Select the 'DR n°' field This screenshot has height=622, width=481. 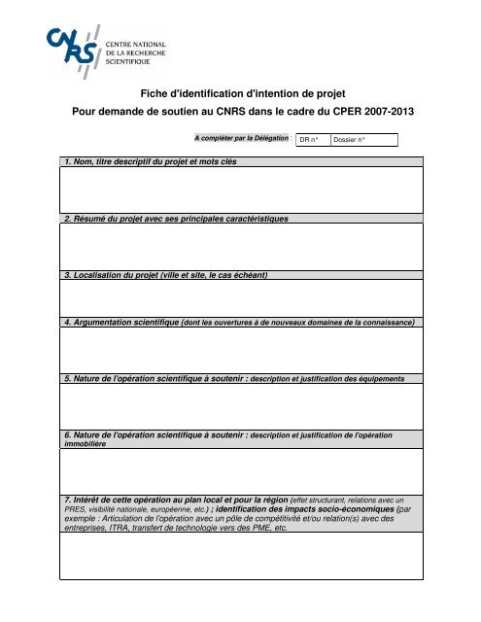point(311,141)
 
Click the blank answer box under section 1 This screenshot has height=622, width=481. point(240,190)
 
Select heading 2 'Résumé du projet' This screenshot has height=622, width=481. point(146,220)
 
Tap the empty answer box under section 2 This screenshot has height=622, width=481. point(240,247)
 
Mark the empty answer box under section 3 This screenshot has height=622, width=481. point(240,298)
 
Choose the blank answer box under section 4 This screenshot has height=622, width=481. point(240,350)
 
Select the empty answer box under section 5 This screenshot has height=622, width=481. point(240,406)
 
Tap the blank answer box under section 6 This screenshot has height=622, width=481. point(240,470)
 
